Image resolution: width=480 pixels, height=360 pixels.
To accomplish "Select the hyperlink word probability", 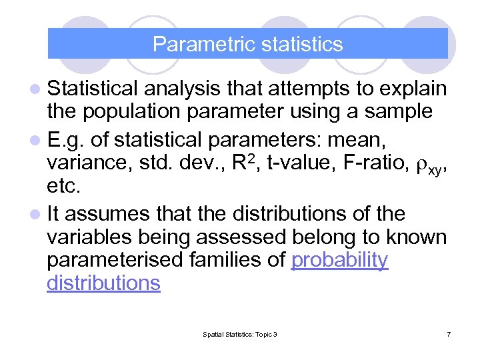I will (339, 260).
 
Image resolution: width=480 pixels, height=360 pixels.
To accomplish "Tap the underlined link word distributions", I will (103, 283).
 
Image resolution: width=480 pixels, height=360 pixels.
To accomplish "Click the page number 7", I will (449, 334).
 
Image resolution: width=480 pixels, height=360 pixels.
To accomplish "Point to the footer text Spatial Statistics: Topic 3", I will (239, 334).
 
